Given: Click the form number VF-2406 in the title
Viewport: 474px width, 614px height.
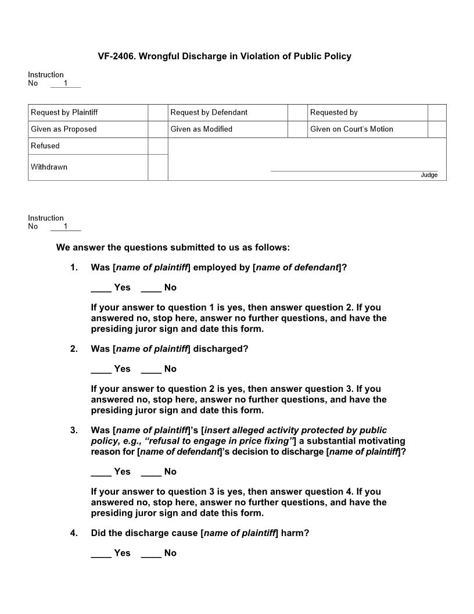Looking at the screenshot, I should tap(118, 56).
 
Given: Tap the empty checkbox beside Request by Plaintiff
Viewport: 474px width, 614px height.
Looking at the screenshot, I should tap(157, 113).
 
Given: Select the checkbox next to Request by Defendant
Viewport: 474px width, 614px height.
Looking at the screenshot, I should tap(297, 113).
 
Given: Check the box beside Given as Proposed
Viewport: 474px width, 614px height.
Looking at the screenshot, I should tap(157, 129).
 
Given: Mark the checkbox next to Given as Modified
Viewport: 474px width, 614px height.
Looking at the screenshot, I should tap(297, 129).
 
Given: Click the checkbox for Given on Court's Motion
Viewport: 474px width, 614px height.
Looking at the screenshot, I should tap(437, 129).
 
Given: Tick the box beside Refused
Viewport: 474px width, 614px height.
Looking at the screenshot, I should tap(157, 146).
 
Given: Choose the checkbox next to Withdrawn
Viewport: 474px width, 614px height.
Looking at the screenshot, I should tap(157, 167).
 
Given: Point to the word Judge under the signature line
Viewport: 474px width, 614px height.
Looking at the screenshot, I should tap(429, 175).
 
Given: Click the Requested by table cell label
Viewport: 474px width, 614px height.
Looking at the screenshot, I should tap(334, 113).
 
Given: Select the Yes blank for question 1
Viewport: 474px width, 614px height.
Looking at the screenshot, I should tap(101, 288).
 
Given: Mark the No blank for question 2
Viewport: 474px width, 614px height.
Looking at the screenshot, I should tap(151, 369).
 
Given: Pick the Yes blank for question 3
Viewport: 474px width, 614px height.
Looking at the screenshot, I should tap(101, 472).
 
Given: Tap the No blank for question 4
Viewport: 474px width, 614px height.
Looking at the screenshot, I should tap(151, 554).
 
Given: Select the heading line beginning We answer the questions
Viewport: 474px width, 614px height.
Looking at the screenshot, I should tap(173, 248).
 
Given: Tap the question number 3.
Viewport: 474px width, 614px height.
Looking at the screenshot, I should tap(74, 431).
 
